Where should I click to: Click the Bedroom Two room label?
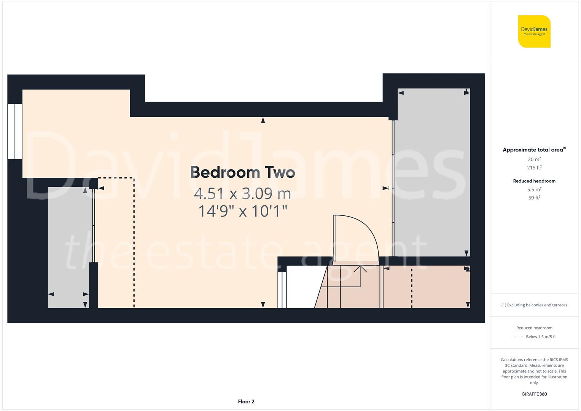point(242,172)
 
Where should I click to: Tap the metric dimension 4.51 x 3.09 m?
point(242,194)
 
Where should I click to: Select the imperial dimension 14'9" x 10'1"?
point(242,211)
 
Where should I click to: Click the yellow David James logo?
point(534,31)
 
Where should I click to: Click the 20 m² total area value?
point(534,159)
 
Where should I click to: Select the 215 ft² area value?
point(534,167)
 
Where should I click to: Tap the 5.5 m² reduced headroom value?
point(534,189)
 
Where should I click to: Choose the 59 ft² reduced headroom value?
point(534,198)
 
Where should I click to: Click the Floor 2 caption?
point(246,401)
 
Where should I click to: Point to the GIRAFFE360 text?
point(534,394)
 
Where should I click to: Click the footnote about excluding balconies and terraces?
point(534,305)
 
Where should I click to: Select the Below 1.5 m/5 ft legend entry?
point(540,337)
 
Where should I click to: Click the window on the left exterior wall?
point(15,131)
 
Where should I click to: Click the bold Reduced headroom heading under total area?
point(534,181)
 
